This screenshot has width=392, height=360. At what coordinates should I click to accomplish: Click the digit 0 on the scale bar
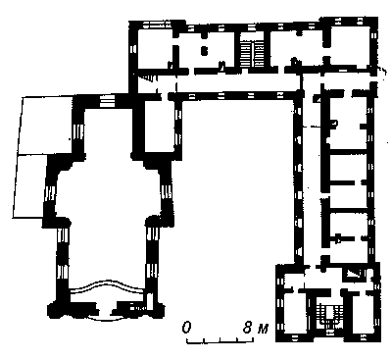point(186,328)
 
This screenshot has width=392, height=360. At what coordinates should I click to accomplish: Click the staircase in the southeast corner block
point(328,316)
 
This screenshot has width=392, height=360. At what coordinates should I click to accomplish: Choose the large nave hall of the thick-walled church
point(108,193)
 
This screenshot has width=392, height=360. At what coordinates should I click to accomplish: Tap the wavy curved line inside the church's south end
point(107,283)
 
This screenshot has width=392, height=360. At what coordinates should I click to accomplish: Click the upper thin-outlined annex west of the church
point(46,125)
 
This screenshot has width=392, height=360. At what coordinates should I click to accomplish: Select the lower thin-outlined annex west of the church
point(30,185)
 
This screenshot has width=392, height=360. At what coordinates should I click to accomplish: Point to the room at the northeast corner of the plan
point(350,46)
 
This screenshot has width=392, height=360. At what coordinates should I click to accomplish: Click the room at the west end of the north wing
point(154,49)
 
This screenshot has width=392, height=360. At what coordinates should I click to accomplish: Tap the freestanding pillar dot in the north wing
point(204,51)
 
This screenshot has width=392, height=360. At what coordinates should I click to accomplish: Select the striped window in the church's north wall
point(106,101)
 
